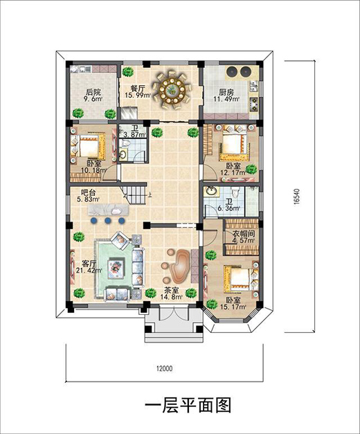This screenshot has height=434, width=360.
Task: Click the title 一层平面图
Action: [188, 406]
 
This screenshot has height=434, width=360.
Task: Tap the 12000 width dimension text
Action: [165, 368]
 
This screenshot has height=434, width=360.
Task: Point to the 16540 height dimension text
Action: [297, 197]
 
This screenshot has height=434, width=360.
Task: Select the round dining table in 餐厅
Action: [172, 89]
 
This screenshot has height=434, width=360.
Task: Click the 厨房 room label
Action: [226, 92]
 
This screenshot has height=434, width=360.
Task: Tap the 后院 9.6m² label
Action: [93, 95]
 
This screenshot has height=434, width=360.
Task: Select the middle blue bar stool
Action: [108, 220]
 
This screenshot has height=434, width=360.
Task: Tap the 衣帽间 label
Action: [243, 233]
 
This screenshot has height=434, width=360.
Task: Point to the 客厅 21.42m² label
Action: [89, 266]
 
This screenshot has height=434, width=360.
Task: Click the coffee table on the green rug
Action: [116, 269]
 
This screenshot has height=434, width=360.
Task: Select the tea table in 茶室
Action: [181, 265]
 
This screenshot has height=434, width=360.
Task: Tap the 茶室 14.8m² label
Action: [171, 293]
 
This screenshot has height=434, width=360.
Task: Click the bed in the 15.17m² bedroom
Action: [240, 278]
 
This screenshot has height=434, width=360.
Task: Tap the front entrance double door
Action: [173, 312]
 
